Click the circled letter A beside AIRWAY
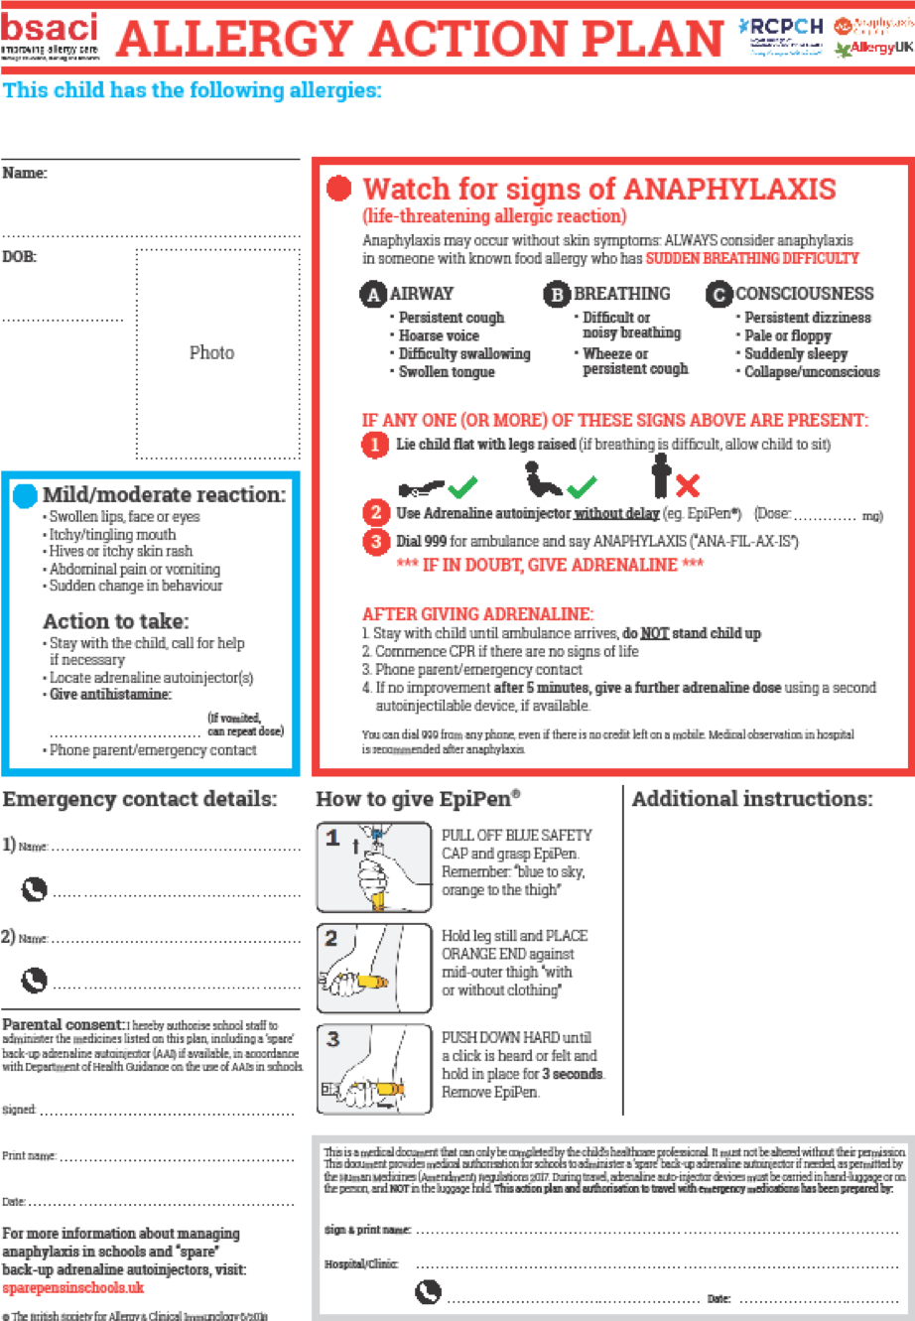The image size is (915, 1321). coord(374,295)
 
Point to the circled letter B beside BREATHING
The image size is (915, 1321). coord(557,295)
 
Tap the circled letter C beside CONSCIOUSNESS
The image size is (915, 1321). coord(719,295)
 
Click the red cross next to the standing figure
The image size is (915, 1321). coord(687,485)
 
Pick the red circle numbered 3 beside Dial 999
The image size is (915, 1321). coord(375,543)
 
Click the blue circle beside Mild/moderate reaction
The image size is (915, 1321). coord(26,495)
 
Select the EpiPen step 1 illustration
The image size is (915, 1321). coord(374,866)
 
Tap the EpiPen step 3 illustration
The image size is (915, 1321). coord(374,1069)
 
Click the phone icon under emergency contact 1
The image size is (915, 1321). coord(35,890)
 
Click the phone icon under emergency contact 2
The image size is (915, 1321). coord(35,981)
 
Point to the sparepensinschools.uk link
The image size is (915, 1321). coord(73,1287)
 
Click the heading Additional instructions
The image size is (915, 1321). coord(752,799)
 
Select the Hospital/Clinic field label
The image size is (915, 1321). coord(361,1264)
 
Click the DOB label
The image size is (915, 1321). coord(20,256)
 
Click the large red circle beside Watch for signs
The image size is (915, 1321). coord(339,189)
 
